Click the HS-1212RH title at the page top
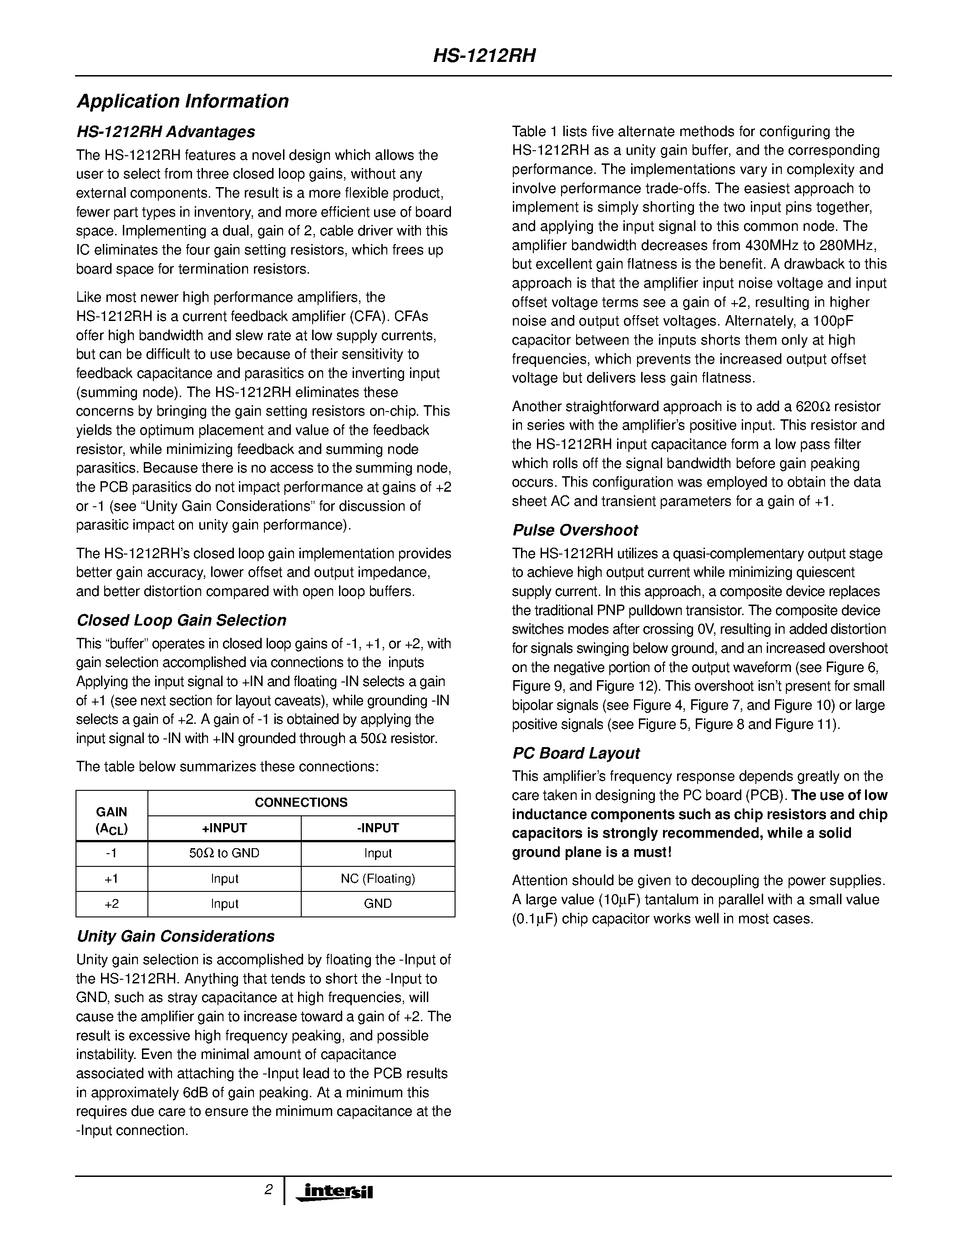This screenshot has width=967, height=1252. tap(484, 56)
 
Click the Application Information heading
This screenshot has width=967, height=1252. tap(183, 102)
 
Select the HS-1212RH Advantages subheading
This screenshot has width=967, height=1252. tap(166, 132)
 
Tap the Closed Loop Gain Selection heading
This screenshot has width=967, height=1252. tap(181, 620)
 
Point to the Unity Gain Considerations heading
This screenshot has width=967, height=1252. tap(175, 936)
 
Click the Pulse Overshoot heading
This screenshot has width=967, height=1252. tap(575, 530)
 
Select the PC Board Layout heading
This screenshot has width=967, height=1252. tap(576, 753)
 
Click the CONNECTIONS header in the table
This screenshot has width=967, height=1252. tap(301, 803)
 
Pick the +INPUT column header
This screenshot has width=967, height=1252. tap(224, 828)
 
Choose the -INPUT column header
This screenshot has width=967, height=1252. tap(378, 828)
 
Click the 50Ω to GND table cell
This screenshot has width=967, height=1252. tap(224, 853)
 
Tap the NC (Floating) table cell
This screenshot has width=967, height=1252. tap(378, 878)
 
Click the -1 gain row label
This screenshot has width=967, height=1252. tap(111, 853)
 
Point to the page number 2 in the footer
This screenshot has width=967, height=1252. tap(268, 1190)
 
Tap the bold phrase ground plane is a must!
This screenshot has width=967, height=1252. tap(591, 852)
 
